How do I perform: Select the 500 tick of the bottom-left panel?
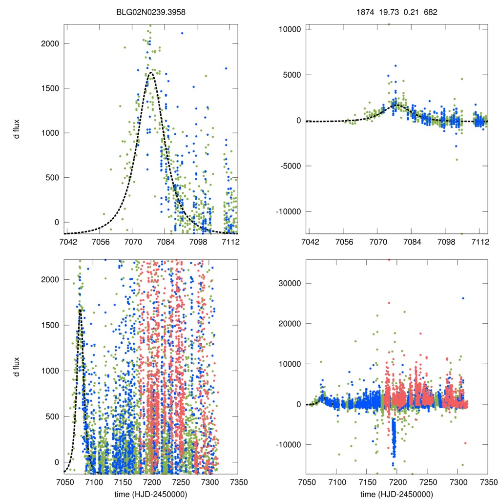[50, 417]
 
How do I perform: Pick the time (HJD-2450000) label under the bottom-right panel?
[397, 494]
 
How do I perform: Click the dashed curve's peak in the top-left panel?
[151, 73]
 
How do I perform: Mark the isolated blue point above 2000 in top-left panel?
[182, 33]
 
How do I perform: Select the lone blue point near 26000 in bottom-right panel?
[463, 298]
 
